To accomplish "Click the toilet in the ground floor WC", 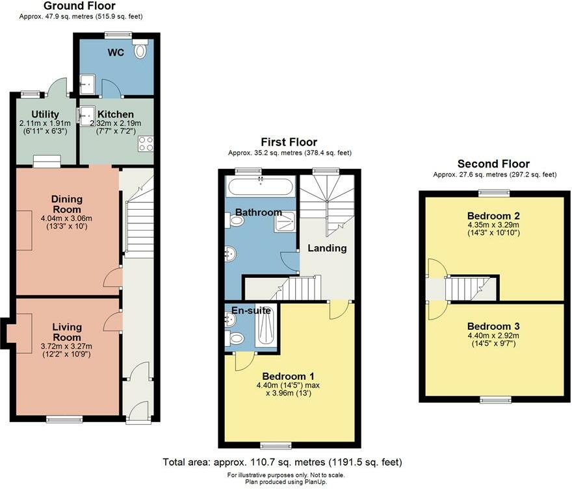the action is coord(140,49).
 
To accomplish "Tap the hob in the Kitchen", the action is coord(146,144).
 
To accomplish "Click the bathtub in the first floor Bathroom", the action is coord(261,186).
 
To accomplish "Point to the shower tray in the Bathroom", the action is coord(285,221).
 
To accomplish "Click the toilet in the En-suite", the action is coord(234,338).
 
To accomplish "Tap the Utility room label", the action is coord(45,114).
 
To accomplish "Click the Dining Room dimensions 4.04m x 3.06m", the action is coord(67,219).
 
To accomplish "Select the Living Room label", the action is coord(67,332).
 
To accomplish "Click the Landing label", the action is coord(327,248).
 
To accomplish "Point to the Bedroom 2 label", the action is coord(493,216).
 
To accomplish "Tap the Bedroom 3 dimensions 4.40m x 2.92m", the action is coord(493,336).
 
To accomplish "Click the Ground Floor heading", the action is coord(79,6).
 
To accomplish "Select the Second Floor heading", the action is coord(493,164).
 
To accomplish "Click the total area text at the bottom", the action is coord(282,462).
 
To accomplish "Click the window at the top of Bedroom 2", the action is coord(494,193).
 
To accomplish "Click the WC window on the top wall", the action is coord(118,35).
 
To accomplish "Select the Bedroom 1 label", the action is coord(288,377).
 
